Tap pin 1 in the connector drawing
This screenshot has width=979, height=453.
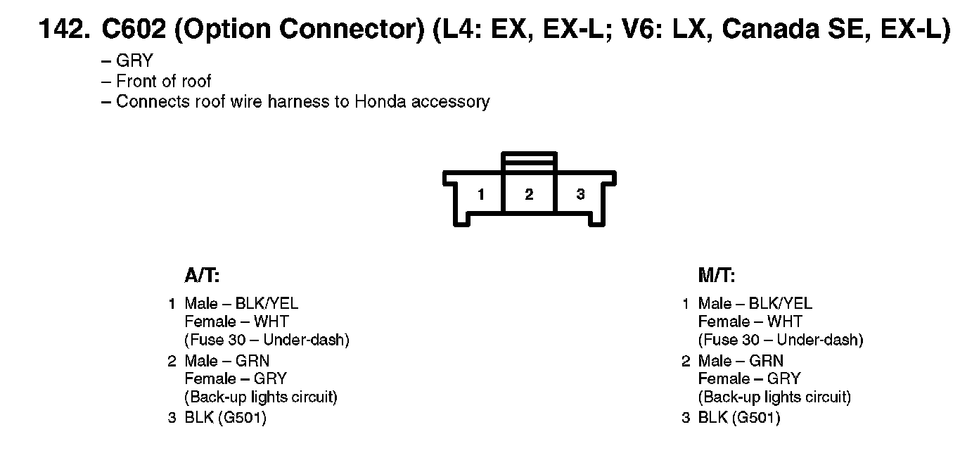click(x=481, y=195)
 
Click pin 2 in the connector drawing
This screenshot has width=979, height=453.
click(x=529, y=195)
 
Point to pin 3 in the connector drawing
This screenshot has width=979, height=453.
click(x=580, y=195)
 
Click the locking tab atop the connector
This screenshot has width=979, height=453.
click(x=529, y=160)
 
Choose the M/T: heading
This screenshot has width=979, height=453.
click(x=717, y=276)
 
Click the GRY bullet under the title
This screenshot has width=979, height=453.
click(x=134, y=61)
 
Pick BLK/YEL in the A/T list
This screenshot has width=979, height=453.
click(x=267, y=303)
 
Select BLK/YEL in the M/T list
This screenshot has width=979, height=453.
click(x=780, y=303)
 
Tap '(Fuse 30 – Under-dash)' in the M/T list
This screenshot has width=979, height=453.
click(x=780, y=340)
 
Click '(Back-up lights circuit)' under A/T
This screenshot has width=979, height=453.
click(x=261, y=397)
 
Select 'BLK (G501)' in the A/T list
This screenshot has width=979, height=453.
click(x=225, y=418)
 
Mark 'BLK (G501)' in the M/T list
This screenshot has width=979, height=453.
click(x=739, y=418)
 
